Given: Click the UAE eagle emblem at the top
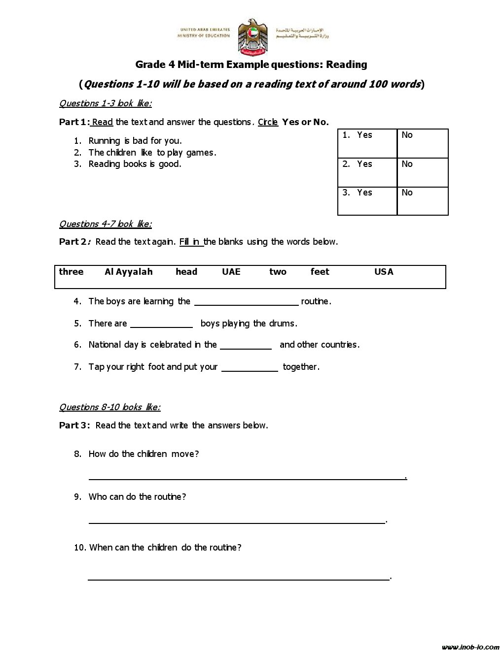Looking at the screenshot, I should point(252,37).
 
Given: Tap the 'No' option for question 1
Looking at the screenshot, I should point(407,135).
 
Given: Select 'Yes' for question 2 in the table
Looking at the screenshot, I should point(364,164).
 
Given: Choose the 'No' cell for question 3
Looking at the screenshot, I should point(407,193).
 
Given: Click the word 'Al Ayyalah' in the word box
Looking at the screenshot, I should point(129,272).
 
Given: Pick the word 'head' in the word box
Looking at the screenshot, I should point(186,272).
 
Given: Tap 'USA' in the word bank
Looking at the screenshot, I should point(384,272).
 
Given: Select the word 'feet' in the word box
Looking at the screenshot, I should point(320,272).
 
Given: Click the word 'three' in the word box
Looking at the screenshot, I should point(71,272).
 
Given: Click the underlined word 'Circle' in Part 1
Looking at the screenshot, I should point(268,122).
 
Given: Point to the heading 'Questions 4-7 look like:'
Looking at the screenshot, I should point(105,224).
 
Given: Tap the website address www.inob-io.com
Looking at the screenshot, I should point(470,647).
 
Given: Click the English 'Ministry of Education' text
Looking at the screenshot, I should point(204,36).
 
